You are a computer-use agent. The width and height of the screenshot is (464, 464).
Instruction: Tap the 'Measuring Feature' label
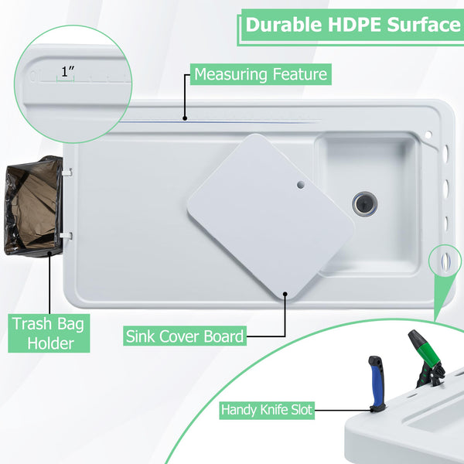(261, 74)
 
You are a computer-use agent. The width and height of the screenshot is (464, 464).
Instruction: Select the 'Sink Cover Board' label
(185, 336)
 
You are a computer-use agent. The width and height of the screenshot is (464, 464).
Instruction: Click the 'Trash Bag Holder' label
(49, 333)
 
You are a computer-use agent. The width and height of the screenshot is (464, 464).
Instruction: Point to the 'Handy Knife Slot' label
(267, 410)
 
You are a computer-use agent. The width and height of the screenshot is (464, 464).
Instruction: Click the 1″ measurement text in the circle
(68, 71)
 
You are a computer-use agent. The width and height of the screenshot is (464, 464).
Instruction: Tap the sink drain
(365, 203)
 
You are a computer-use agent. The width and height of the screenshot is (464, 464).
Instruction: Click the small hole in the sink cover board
(301, 185)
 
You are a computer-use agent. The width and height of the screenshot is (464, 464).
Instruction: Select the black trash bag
(33, 206)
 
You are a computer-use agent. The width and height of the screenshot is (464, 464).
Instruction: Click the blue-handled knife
(377, 384)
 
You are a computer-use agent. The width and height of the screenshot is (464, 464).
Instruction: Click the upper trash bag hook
(67, 172)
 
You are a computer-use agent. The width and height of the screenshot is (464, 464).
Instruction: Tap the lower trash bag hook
(67, 236)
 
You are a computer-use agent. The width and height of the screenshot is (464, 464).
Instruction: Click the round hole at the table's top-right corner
(428, 135)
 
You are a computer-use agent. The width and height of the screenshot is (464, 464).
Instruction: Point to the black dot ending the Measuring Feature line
(185, 118)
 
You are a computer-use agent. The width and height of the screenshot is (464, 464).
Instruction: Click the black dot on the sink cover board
(285, 294)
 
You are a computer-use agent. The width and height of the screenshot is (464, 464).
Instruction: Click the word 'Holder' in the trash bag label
(50, 343)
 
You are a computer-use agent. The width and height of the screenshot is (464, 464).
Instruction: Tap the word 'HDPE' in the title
(354, 25)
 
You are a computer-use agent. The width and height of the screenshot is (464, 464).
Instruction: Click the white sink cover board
(271, 216)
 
